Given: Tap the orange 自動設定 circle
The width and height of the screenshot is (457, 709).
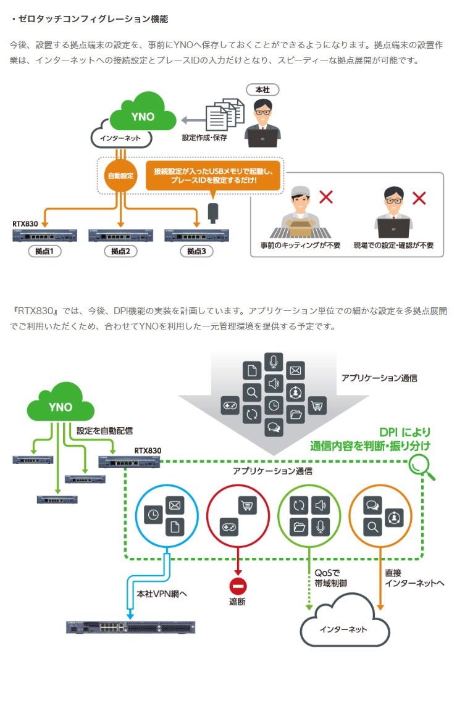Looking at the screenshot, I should [120, 175].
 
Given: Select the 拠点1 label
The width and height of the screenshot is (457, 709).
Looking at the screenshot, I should [44, 251].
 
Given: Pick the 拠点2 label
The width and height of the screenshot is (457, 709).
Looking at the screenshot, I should [120, 251].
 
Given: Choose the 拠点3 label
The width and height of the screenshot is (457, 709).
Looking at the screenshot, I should [196, 251].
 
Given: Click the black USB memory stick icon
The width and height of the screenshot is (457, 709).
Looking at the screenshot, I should [213, 212].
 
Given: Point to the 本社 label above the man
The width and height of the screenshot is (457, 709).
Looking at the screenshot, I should [262, 90].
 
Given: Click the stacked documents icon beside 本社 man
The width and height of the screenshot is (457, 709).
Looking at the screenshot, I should [225, 114].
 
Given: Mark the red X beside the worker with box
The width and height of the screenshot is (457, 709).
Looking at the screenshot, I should [325, 197].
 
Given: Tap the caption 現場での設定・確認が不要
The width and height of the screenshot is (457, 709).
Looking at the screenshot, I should [393, 245].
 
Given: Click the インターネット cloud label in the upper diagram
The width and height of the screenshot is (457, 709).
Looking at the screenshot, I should [120, 138].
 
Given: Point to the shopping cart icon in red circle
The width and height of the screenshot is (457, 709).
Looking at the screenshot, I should [247, 506].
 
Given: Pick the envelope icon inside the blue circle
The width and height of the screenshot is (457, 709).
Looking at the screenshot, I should [175, 506].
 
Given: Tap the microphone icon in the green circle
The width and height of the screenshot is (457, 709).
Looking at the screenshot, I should [320, 526].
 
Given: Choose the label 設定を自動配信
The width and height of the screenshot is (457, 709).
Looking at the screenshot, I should [104, 430].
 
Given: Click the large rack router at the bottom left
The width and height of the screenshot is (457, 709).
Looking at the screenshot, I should [130, 628].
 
